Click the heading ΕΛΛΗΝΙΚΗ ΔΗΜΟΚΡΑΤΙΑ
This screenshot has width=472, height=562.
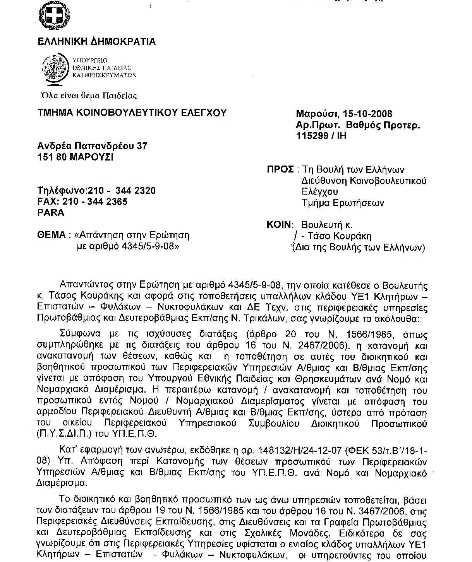(96, 41)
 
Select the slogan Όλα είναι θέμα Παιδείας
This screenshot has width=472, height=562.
(89, 95)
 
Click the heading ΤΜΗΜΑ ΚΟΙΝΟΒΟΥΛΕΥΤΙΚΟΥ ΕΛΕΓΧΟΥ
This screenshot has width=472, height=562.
(132, 113)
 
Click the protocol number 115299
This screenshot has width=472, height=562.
(312, 136)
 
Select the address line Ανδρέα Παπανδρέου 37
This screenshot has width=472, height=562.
(92, 146)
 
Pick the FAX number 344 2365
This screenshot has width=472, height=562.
(110, 202)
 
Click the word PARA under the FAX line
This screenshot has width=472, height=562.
(51, 212)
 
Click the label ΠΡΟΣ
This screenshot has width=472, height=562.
(280, 169)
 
